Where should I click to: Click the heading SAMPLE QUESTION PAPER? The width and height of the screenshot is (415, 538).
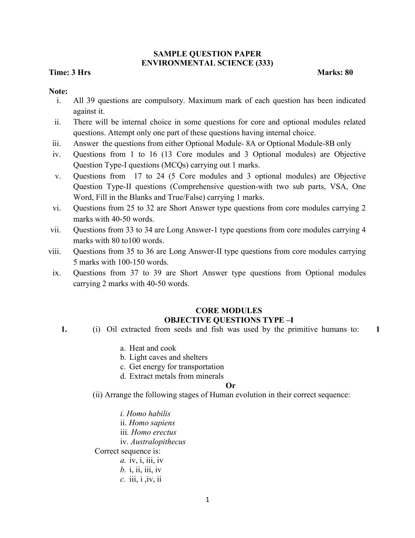207,54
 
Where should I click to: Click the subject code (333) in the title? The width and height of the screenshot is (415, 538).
264,63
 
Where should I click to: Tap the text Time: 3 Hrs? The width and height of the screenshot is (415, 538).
70,72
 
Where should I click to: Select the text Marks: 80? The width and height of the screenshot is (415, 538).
335,72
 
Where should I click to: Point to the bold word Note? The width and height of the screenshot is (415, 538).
58,91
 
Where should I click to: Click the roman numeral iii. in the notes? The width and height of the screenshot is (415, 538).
57,144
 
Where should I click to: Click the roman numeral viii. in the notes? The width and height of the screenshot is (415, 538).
54,252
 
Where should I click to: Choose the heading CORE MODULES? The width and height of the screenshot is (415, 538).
228,311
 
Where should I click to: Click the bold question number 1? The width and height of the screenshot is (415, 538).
64,329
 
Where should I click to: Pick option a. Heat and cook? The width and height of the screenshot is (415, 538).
148,348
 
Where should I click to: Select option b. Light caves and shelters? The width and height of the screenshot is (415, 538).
164,357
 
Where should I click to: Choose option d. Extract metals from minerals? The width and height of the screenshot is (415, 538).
172,376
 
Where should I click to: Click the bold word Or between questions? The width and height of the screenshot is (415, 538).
230,386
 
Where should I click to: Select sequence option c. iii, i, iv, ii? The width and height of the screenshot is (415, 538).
141,479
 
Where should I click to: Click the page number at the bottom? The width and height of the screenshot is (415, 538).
207,500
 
